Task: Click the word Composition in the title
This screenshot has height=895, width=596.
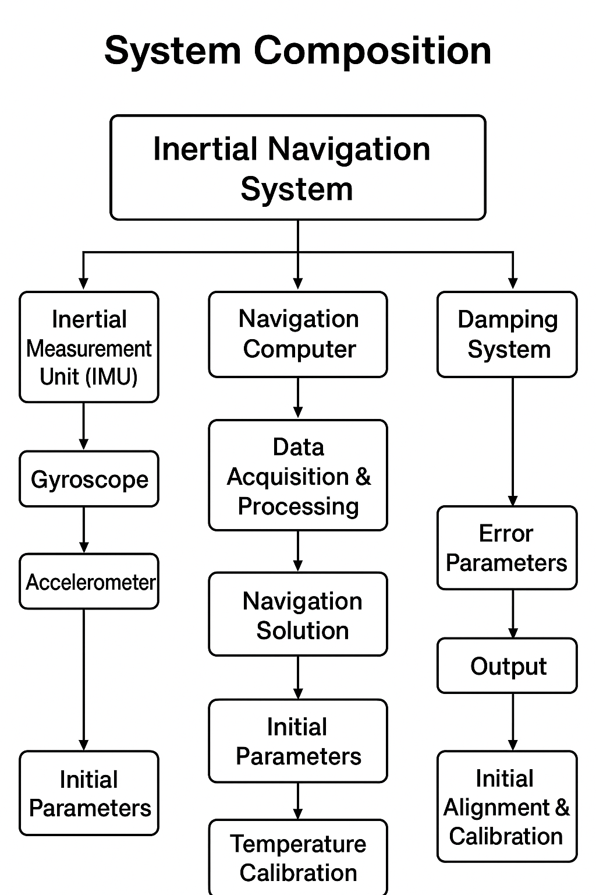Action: click(x=372, y=51)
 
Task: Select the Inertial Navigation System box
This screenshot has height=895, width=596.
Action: click(x=297, y=168)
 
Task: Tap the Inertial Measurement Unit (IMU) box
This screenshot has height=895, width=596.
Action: click(x=89, y=347)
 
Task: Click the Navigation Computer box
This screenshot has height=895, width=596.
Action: click(x=298, y=334)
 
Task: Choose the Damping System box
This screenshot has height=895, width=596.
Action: click(x=507, y=334)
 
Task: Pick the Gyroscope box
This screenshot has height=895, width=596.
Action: click(x=89, y=479)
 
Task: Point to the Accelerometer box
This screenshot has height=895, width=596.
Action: click(x=89, y=582)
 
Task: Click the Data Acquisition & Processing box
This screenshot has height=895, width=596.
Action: click(x=298, y=475)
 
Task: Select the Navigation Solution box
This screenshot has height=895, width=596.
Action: click(x=298, y=615)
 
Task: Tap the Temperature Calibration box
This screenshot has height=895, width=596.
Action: click(x=298, y=858)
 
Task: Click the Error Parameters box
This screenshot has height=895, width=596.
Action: click(x=507, y=548)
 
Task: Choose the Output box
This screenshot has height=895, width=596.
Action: click(x=507, y=666)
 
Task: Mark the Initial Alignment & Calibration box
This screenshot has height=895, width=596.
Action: click(x=507, y=807)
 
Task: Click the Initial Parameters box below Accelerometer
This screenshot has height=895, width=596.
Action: click(x=89, y=794)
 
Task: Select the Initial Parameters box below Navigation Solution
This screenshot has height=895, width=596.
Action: click(x=298, y=741)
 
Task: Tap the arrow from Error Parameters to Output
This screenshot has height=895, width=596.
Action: click(x=513, y=614)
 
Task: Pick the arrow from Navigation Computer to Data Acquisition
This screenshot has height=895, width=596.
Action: click(x=298, y=399)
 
